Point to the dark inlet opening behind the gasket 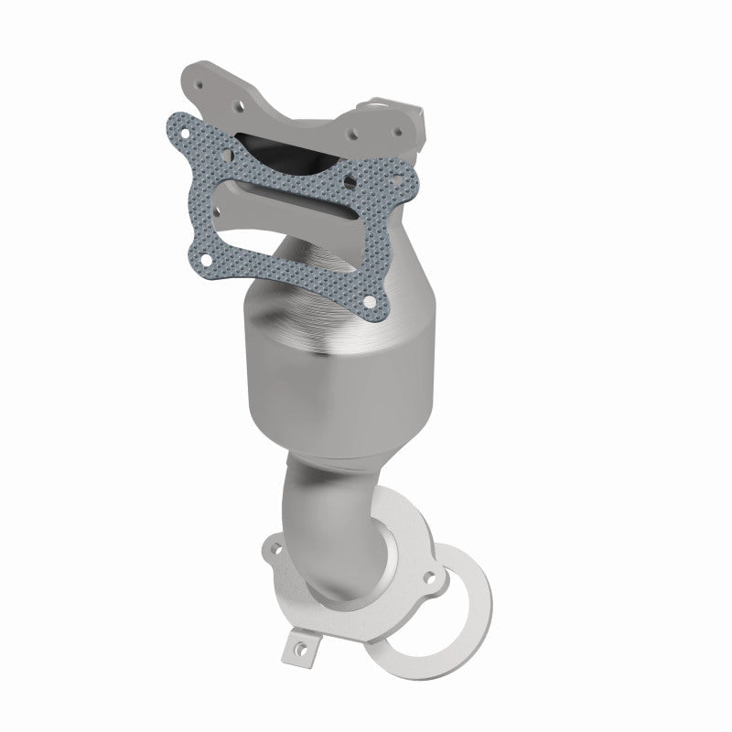click(274, 146)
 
